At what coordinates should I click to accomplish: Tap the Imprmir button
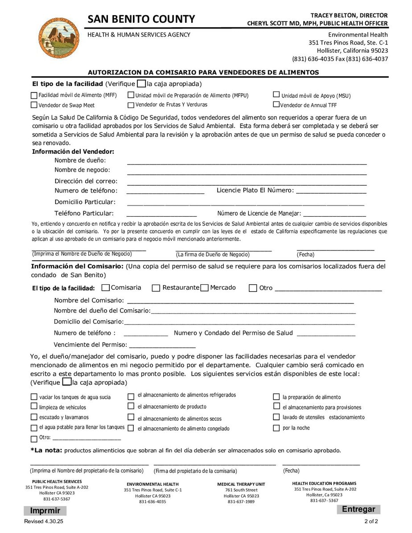(45, 511)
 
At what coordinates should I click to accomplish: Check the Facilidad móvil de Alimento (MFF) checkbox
(34, 95)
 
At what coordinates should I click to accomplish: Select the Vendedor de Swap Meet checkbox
(34, 105)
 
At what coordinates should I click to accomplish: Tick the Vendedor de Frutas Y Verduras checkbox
(131, 105)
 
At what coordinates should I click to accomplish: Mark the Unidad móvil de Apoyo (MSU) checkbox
(276, 95)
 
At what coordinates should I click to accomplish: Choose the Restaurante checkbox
(156, 288)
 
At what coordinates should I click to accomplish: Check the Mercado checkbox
(205, 288)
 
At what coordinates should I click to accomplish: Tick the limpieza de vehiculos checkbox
(34, 406)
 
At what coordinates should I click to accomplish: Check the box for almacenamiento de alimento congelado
(131, 428)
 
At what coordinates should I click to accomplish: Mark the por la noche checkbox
(276, 428)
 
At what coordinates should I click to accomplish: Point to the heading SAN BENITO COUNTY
(141, 19)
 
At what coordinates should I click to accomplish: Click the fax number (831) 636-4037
(361, 59)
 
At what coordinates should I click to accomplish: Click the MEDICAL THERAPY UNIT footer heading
(241, 484)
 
